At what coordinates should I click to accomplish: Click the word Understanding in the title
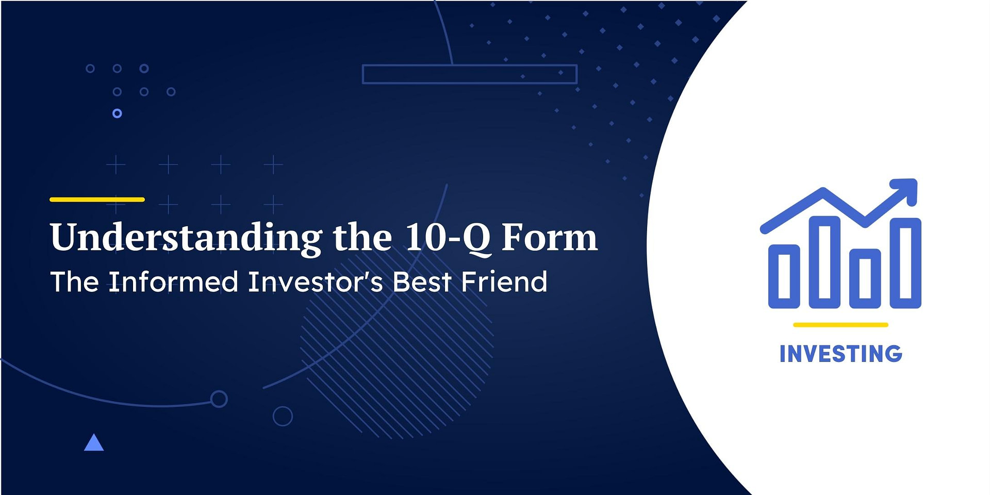[186, 238]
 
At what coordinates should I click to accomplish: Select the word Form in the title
[550, 237]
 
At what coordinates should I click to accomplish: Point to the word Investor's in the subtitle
[315, 282]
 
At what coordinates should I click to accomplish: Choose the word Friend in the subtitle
[504, 282]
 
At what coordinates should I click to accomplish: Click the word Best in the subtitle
[422, 282]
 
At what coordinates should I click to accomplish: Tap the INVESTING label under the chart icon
[840, 354]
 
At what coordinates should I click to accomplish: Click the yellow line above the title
[97, 200]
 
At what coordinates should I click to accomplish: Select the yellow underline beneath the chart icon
[840, 325]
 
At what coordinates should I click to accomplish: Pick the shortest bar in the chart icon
[865, 278]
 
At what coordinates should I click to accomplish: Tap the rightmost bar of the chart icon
[905, 263]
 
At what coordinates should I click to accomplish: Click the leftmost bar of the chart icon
[784, 276]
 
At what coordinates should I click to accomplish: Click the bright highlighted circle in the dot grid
[117, 113]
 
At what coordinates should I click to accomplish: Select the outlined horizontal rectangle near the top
[469, 74]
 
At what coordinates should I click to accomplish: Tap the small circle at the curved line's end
[219, 399]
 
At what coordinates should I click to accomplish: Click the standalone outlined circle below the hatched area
[283, 416]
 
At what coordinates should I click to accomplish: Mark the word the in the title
[362, 237]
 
